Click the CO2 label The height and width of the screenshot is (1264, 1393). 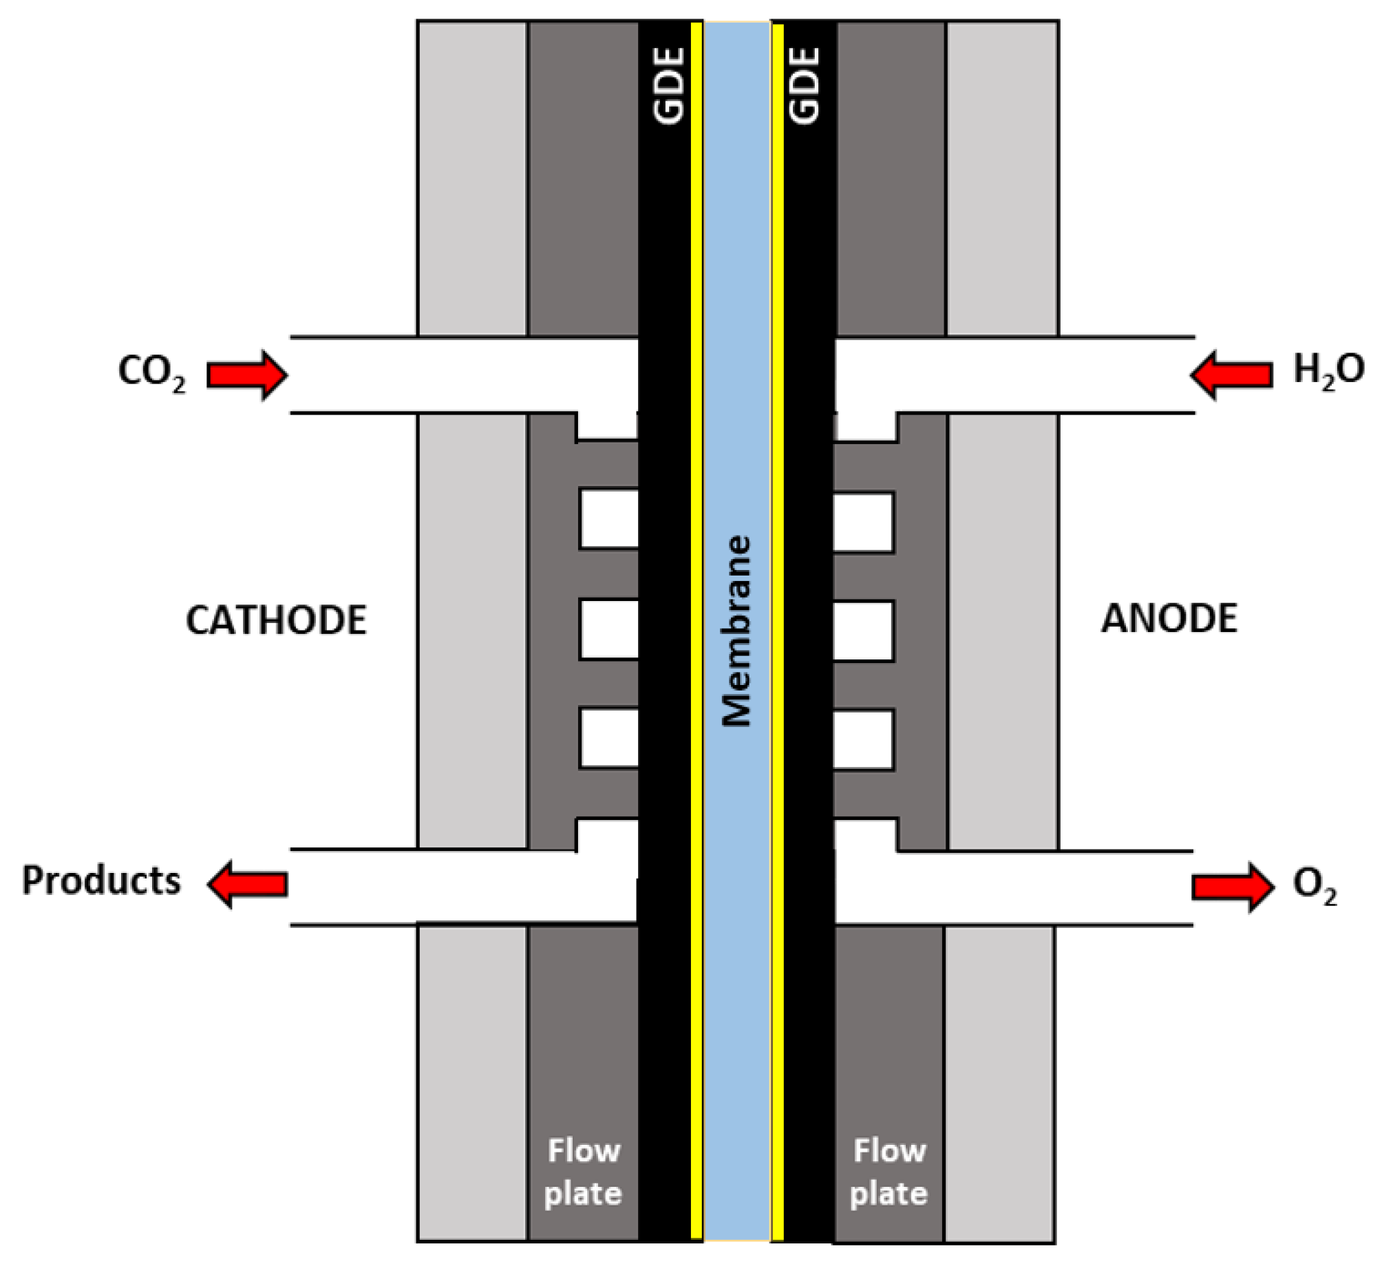[152, 373]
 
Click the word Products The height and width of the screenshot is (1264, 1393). [101, 881]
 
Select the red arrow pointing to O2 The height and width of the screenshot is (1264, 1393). [1233, 887]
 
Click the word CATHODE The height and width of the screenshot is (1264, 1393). [276, 620]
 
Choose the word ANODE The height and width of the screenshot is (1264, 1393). [1169, 618]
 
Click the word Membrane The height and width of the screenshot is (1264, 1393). [736, 631]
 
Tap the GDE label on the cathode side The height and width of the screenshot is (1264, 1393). [669, 85]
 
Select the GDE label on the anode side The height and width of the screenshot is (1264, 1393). [805, 85]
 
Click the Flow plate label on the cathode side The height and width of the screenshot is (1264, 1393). [583, 1172]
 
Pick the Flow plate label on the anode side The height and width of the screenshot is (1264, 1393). [889, 1172]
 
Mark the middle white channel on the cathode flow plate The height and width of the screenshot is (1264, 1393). [608, 629]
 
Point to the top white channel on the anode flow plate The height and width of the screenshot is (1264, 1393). [863, 522]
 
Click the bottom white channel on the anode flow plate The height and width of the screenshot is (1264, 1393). [863, 739]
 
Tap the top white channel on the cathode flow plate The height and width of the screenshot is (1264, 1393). [608, 520]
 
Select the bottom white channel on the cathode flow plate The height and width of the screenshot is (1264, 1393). [608, 737]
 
